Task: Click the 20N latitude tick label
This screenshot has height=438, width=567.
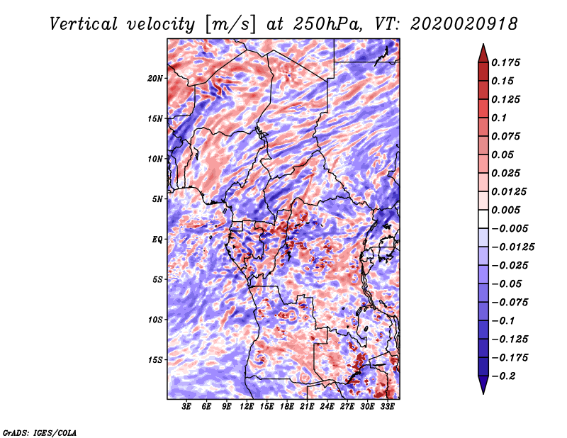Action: pos(155,78)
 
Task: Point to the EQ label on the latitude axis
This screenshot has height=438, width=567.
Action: pos(157,240)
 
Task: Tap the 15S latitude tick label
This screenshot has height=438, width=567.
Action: pos(155,360)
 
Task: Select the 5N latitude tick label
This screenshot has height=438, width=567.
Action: pos(157,199)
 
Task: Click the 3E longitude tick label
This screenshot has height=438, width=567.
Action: pos(187,407)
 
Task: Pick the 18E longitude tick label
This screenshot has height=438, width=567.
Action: pos(287,407)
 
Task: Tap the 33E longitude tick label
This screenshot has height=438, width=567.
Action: pos(388,407)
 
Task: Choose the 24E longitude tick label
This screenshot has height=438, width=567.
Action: pos(327,407)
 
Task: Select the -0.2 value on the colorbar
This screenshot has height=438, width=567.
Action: pos(506,375)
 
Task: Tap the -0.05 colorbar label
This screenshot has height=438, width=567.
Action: pos(509,283)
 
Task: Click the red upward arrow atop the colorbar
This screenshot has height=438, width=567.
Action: pos(482,51)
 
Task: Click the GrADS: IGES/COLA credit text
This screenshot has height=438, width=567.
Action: pos(40,432)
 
